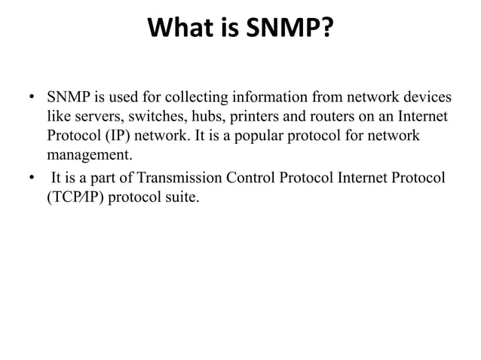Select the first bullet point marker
32,99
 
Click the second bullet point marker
32,178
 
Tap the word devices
426,99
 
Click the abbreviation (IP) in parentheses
113,138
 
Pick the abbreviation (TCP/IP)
78,197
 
